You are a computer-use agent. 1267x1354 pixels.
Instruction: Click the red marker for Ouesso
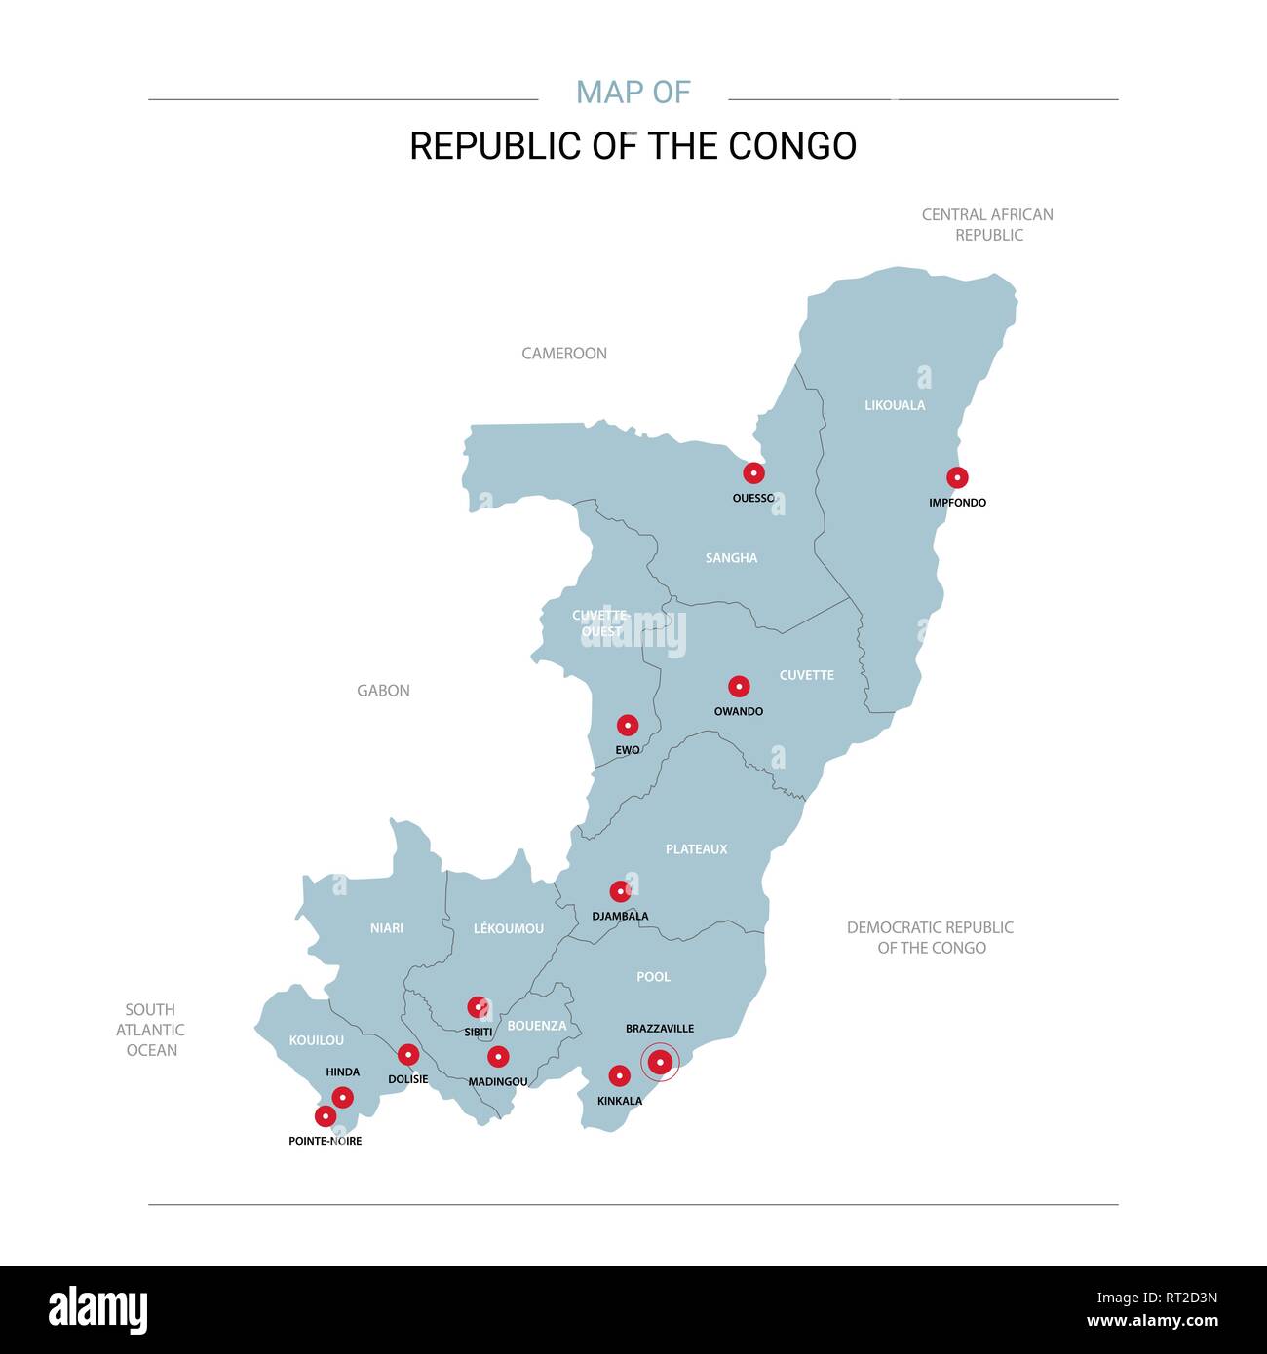(x=753, y=473)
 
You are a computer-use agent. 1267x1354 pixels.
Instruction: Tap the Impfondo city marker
(x=957, y=477)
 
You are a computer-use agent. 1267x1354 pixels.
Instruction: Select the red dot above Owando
(x=739, y=686)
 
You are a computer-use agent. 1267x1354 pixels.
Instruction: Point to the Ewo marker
(x=628, y=725)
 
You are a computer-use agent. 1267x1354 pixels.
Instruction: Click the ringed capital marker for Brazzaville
(x=660, y=1062)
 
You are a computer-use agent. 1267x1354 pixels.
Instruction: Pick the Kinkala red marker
(x=619, y=1075)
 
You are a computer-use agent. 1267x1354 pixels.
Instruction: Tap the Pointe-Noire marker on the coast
(x=326, y=1116)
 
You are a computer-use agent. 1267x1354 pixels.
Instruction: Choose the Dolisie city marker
(x=408, y=1054)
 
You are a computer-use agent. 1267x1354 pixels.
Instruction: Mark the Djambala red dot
(x=620, y=891)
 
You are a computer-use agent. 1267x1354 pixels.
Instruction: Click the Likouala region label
(x=895, y=405)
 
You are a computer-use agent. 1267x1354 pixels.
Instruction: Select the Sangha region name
(x=731, y=558)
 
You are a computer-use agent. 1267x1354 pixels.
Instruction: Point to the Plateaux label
(x=696, y=849)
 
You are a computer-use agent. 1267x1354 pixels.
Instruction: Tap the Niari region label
(x=387, y=928)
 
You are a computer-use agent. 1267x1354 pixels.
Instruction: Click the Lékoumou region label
(x=509, y=928)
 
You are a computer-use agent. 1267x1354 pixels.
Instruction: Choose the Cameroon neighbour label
(x=564, y=354)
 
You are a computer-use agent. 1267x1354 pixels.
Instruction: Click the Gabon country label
(x=383, y=691)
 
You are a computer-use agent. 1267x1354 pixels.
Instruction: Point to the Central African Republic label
(x=988, y=225)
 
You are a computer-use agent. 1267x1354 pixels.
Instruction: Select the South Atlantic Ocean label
(x=151, y=1030)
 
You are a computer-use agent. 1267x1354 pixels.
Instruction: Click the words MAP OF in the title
(x=633, y=93)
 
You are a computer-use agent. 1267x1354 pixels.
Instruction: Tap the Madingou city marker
(x=498, y=1056)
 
